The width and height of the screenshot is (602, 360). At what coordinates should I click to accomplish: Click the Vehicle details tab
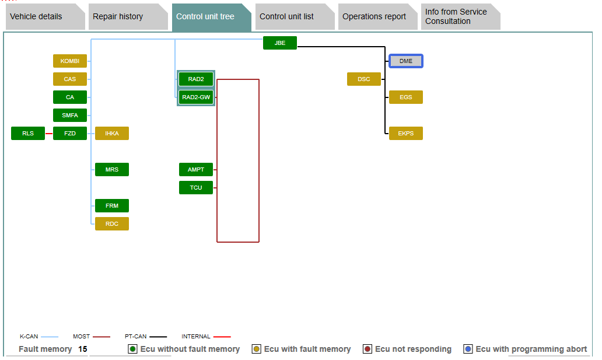36,16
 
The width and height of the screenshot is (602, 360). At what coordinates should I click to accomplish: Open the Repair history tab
118,16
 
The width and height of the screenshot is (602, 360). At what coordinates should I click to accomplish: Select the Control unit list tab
286,16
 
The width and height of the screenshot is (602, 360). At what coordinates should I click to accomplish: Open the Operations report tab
374,16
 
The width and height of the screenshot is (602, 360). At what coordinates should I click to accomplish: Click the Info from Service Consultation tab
456,16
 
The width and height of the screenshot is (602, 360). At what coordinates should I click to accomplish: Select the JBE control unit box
280,43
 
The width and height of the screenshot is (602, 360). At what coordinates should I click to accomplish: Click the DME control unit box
406,61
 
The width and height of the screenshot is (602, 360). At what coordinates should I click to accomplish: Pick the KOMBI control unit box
70,61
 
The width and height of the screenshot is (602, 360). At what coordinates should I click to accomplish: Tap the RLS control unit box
28,133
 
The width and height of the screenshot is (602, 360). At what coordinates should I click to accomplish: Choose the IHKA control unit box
112,133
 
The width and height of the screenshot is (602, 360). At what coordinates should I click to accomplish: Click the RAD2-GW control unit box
196,97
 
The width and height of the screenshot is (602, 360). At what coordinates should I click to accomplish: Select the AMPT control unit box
196,169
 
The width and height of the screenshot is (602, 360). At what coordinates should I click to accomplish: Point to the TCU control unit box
196,187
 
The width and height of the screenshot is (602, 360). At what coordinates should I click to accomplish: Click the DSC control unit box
364,79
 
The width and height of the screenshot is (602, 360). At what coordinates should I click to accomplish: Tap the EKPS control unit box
406,133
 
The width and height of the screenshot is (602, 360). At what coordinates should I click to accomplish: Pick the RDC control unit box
112,223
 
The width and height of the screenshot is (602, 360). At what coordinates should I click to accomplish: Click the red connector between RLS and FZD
49,134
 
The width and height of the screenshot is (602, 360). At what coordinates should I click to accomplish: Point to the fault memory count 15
83,349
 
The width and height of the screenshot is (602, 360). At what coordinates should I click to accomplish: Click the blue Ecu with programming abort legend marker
468,349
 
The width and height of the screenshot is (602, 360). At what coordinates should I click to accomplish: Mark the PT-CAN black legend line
157,337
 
